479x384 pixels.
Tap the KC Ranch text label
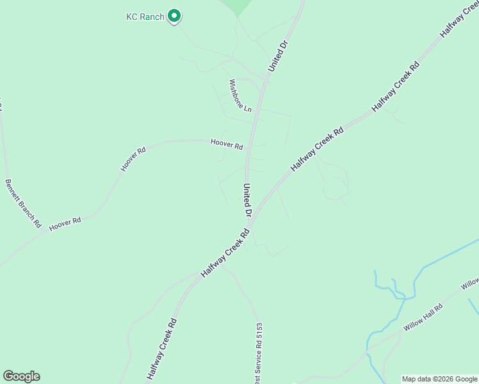click(x=145, y=17)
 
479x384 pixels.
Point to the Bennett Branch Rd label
click(x=24, y=203)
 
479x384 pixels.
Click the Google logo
click(x=21, y=376)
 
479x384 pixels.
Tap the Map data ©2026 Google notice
click(x=439, y=379)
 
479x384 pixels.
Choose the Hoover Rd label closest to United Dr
click(x=227, y=145)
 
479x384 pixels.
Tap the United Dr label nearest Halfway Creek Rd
click(x=247, y=200)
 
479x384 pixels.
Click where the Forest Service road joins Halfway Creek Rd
click(x=221, y=267)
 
